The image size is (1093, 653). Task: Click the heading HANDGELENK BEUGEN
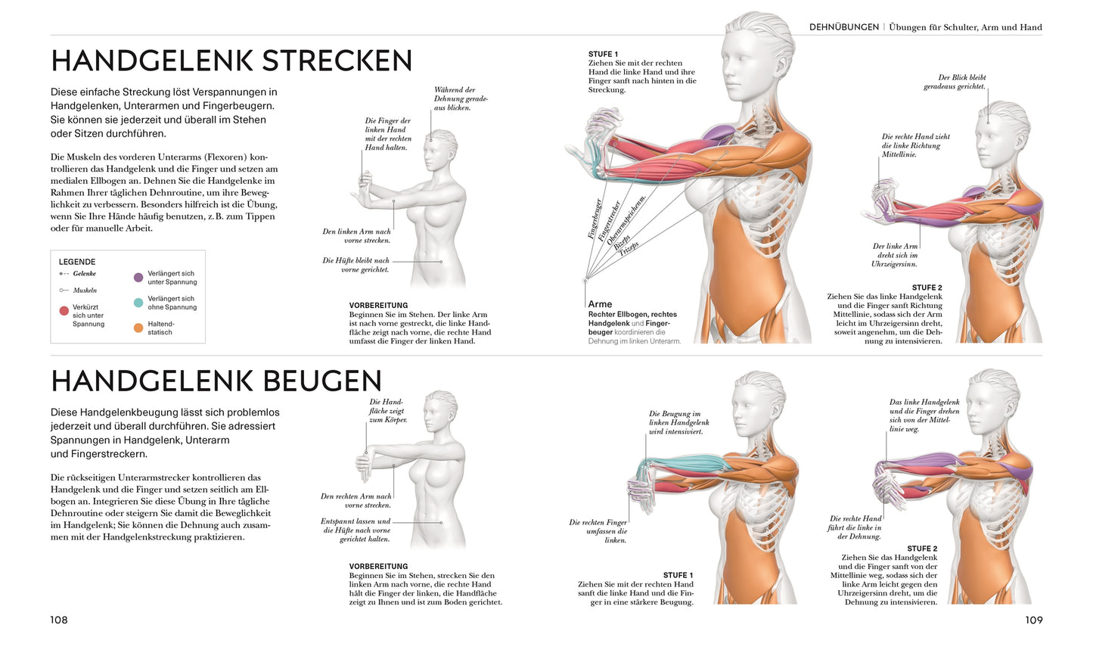coord(216,381)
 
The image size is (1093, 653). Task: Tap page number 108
coord(59,620)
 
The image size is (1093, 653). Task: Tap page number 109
coord(1033,620)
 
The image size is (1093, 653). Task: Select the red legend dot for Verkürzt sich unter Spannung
coord(64,311)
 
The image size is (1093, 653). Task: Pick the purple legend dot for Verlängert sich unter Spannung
coord(138,278)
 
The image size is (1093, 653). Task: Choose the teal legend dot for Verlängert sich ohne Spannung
coord(138,303)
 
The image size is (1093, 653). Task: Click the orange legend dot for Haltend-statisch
coord(138,328)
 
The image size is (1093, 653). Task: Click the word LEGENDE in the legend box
coord(77,262)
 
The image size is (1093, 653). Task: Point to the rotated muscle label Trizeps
coord(629,246)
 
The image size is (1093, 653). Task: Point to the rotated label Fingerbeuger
coord(595,219)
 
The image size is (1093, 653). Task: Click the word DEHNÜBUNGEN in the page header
coord(843,27)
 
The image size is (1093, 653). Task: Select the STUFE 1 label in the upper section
coord(603,54)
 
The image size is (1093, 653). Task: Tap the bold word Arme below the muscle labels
coord(601,304)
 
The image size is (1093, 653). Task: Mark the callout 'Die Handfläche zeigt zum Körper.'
coord(387,410)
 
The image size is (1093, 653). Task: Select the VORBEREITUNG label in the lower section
coord(378,566)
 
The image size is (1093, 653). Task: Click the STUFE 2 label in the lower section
coord(922,549)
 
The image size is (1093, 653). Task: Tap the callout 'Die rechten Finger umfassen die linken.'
coord(598,531)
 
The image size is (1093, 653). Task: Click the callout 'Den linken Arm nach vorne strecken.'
coord(356,236)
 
